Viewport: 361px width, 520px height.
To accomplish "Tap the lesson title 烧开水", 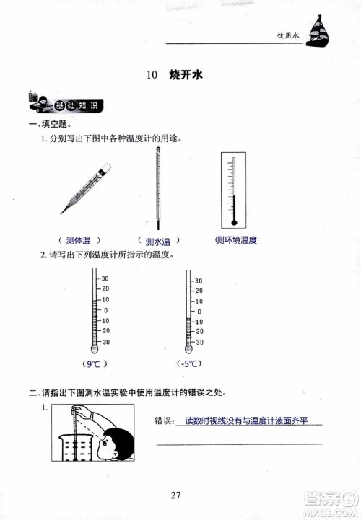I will [x=185, y=75].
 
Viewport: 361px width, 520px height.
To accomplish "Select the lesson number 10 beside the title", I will [x=151, y=75].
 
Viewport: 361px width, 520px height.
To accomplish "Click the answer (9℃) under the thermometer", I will [x=95, y=365].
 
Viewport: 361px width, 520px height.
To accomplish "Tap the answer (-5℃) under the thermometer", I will [x=189, y=365].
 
